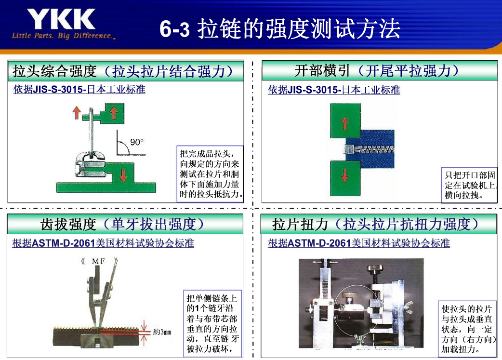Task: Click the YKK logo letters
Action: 61,19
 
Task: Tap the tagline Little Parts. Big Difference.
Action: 63,36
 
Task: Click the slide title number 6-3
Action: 174,28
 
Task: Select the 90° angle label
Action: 137,142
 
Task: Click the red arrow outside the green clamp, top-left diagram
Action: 76,113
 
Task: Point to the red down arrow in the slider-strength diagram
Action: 123,175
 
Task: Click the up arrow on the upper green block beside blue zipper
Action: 345,124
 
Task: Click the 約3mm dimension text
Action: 162,332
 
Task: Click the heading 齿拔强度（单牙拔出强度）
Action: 122,224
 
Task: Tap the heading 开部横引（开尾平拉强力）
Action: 377,71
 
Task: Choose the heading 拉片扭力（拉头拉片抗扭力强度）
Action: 375,224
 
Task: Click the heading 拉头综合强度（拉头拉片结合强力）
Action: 123,71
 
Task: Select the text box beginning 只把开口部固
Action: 469,185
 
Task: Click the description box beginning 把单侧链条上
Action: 212,323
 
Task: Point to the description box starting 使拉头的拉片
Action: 467,329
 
